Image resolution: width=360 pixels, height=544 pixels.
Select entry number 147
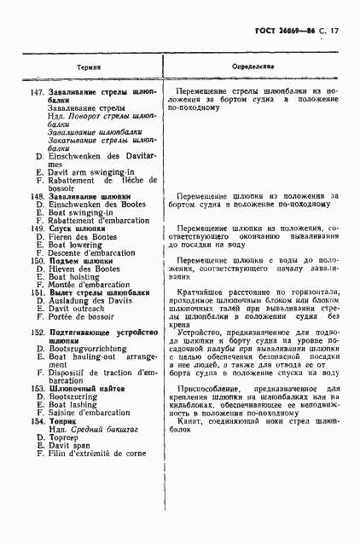tap(37, 90)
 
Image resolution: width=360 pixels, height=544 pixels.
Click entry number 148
tap(37, 196)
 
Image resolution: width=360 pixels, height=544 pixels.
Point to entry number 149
tap(37, 229)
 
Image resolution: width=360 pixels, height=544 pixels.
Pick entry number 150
tap(37, 261)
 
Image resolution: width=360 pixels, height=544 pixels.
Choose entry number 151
tap(37, 293)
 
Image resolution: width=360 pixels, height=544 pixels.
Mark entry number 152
tap(37, 333)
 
